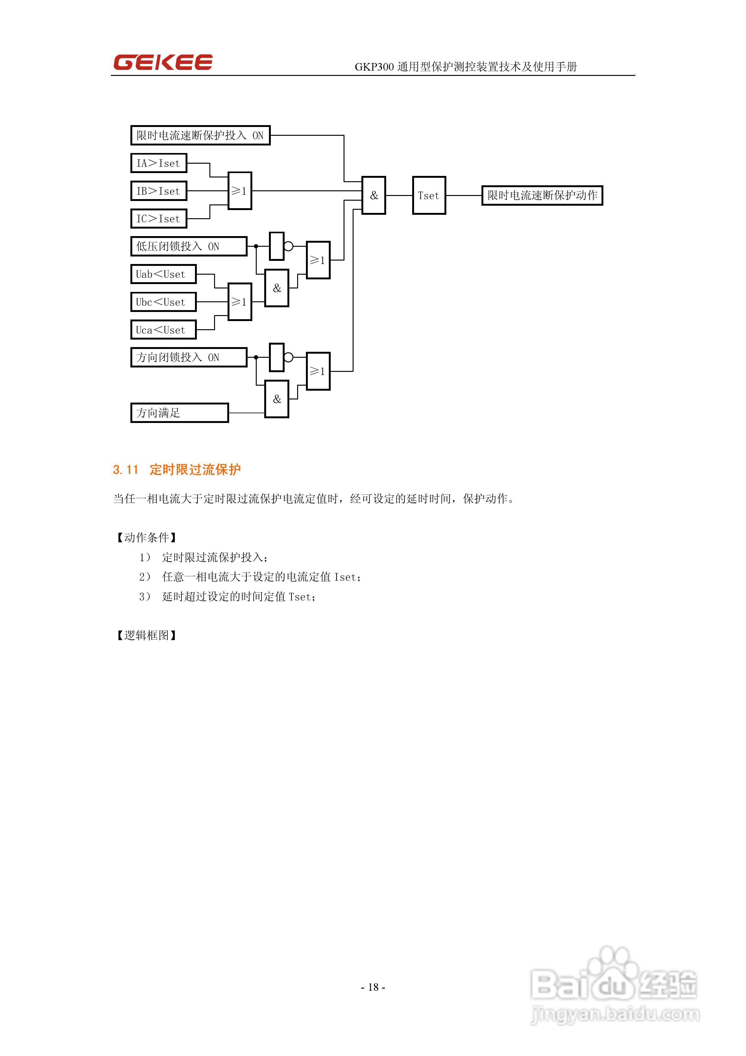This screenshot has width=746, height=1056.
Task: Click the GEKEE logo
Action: (x=163, y=62)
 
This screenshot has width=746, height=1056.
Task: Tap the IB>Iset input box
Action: (x=159, y=191)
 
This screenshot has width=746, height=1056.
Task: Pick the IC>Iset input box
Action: (x=159, y=219)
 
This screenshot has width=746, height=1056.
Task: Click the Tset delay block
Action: (x=429, y=195)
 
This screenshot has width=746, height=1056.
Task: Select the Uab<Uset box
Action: (x=163, y=274)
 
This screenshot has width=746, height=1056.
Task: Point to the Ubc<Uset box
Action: (x=163, y=302)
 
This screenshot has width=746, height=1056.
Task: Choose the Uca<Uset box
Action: (x=163, y=330)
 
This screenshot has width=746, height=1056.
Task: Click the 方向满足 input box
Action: (x=179, y=413)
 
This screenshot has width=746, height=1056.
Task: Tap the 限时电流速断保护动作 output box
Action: (x=542, y=195)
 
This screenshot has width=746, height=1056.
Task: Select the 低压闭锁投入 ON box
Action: (x=189, y=246)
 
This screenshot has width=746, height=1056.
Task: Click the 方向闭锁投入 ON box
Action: (x=189, y=357)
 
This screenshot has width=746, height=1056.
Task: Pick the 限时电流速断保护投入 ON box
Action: (x=200, y=135)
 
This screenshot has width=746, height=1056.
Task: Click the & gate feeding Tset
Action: (x=373, y=195)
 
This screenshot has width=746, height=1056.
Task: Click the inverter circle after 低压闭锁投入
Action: (x=289, y=246)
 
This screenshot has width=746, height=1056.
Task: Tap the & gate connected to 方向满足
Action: (x=276, y=399)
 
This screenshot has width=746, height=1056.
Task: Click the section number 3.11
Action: (x=126, y=470)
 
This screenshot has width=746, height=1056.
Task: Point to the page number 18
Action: (x=373, y=987)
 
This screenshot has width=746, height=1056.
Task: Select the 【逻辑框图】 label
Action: (x=146, y=635)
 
